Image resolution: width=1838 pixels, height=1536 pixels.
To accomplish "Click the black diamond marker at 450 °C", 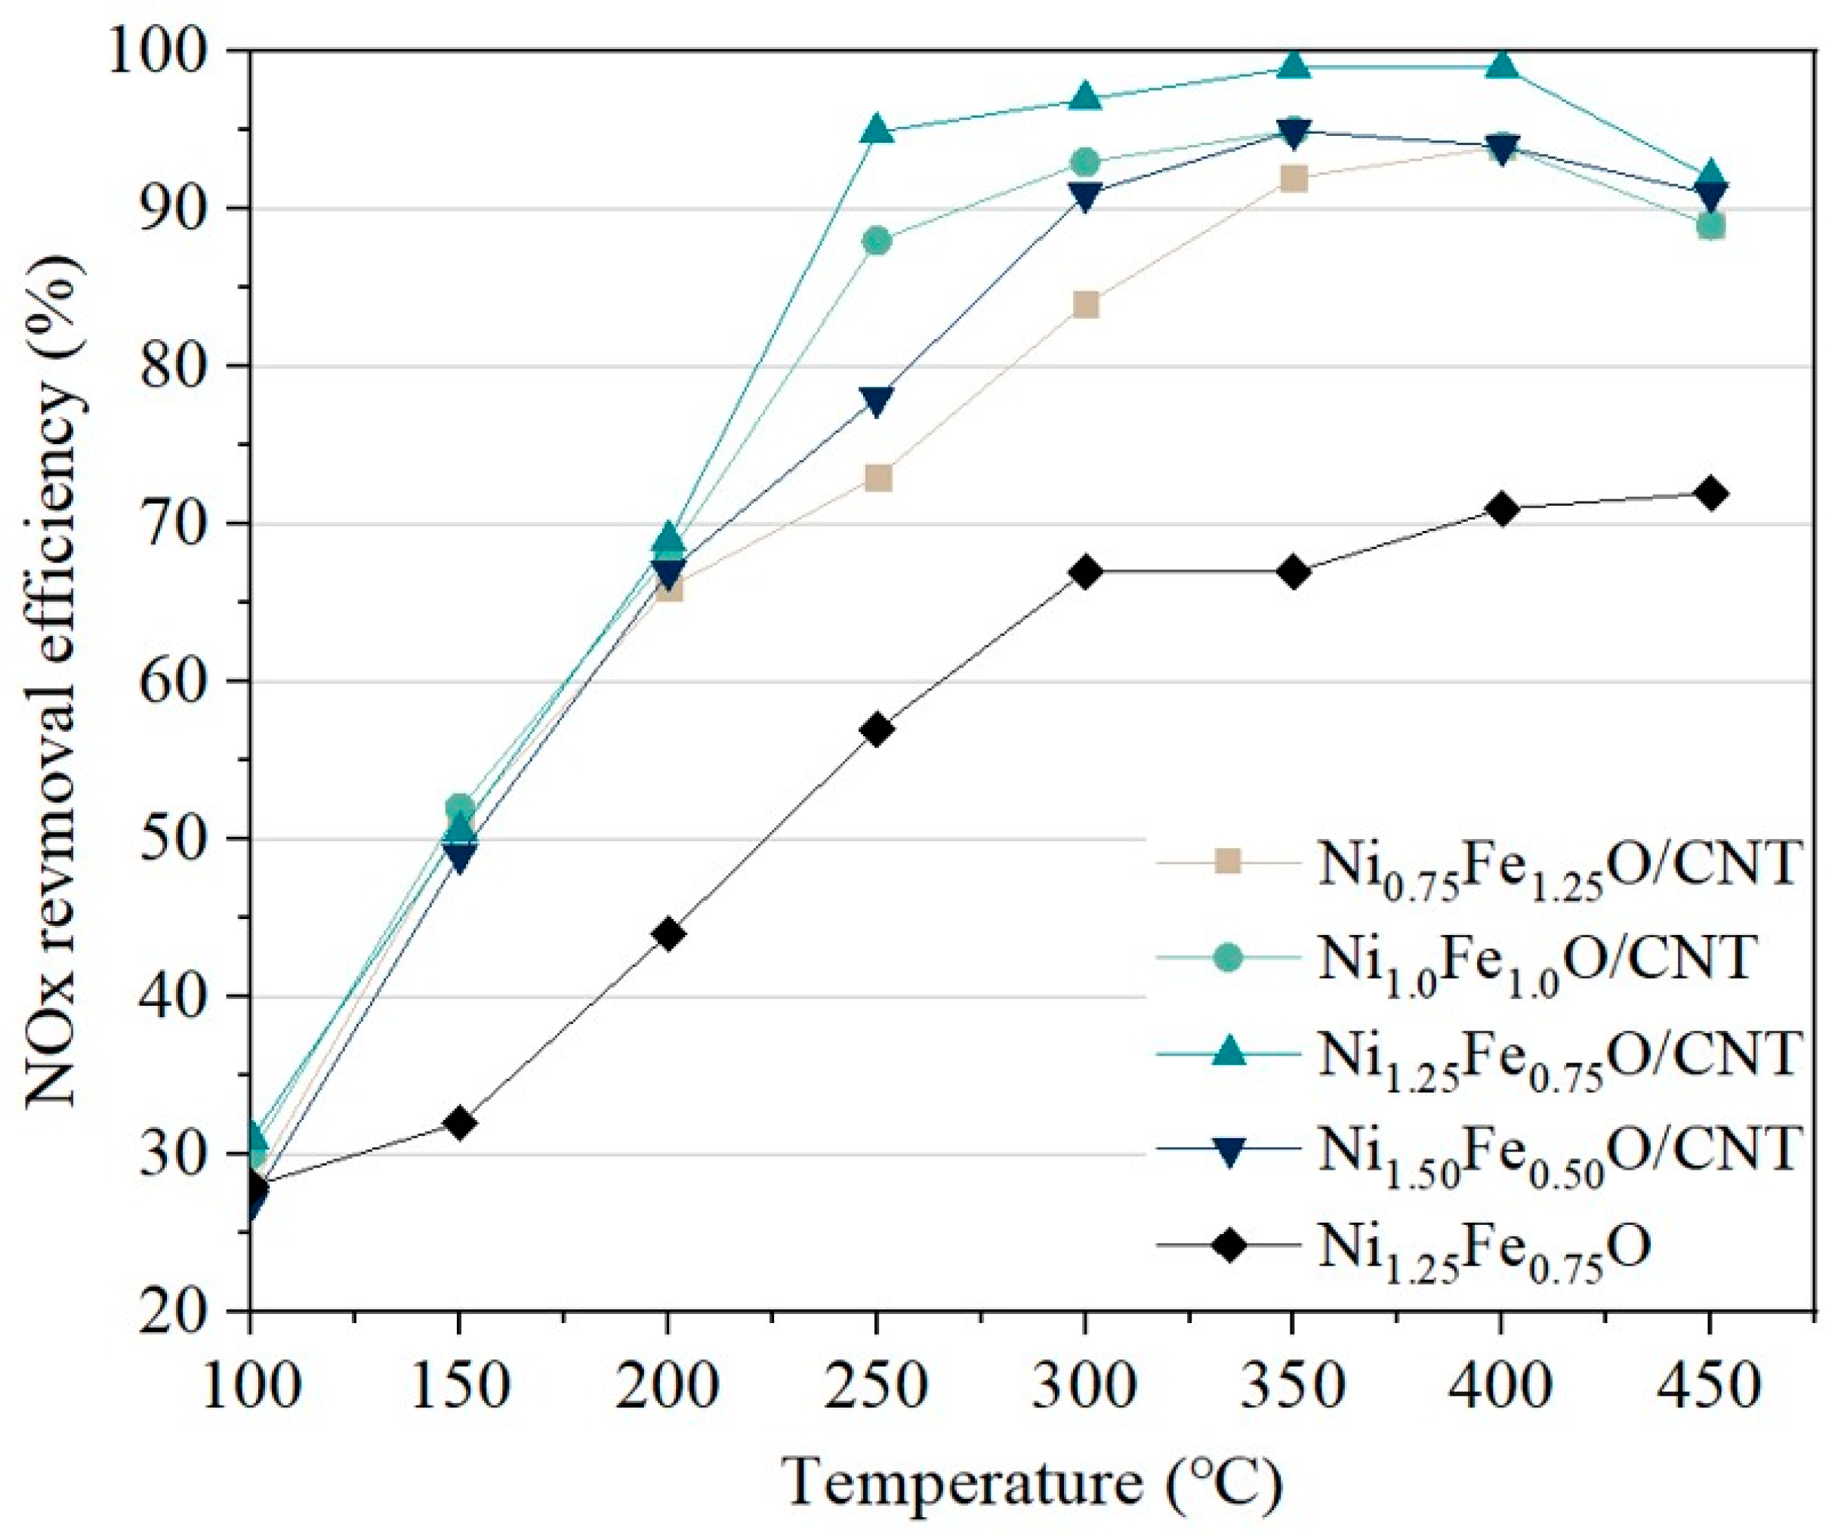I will [1710, 494].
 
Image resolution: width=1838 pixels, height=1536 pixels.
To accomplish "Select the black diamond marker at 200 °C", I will [668, 935].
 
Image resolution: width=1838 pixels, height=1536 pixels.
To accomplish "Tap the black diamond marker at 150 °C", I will [459, 1123].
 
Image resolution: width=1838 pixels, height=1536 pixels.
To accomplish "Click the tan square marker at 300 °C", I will [1085, 304].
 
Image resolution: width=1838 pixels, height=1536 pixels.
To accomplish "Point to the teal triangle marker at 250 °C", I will [877, 130].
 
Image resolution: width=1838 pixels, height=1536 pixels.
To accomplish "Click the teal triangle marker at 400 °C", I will [1502, 66].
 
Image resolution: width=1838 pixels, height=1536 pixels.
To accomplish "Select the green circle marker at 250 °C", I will [877, 241].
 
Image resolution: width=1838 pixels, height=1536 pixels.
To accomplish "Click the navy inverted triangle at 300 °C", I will [1085, 197].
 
